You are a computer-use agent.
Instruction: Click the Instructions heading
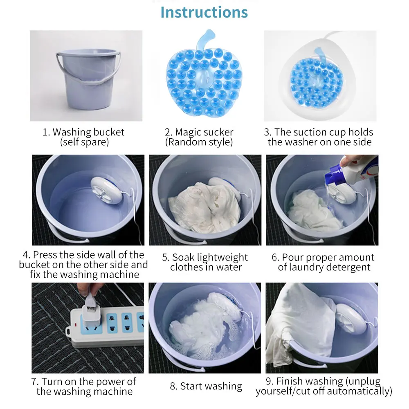[x=204, y=12]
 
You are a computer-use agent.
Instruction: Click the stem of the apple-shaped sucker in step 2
[x=205, y=39]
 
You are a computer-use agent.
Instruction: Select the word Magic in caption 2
[x=188, y=132]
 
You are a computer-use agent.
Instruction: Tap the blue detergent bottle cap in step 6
[x=333, y=175]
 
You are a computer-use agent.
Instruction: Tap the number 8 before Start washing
[x=173, y=386]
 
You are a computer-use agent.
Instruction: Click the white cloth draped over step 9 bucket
[x=300, y=324]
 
